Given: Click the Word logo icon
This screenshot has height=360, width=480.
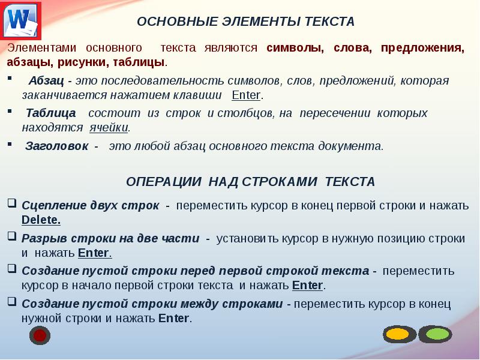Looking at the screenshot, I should [22, 22].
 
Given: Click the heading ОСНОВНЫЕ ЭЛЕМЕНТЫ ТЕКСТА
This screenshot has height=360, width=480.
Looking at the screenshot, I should [246, 22].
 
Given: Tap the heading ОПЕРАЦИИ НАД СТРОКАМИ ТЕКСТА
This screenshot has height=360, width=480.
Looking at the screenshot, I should [250, 181].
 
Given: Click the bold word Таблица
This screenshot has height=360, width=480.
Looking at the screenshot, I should [51, 113].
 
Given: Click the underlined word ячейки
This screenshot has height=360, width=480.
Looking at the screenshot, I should [109, 127].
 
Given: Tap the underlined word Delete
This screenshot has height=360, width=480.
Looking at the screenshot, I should [41, 220].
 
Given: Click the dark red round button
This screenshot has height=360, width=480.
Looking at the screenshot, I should [40, 335].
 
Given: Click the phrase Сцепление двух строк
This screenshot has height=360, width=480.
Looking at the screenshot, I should [90, 205].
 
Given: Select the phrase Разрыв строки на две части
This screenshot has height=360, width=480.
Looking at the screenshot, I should [110, 238].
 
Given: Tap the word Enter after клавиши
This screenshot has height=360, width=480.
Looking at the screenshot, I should [246, 95].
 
